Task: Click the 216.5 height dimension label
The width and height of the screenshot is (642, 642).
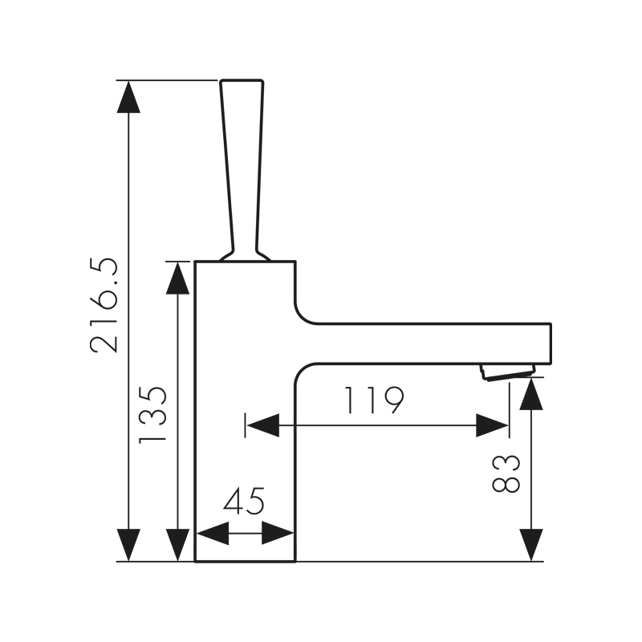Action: [104, 306]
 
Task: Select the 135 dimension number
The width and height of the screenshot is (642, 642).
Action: [152, 414]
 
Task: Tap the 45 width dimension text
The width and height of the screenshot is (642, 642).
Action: [244, 502]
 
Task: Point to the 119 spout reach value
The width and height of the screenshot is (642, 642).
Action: [373, 400]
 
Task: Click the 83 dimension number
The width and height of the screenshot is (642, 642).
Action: [507, 473]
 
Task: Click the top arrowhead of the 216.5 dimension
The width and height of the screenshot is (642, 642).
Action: [128, 96]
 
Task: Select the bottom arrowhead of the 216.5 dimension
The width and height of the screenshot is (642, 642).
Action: [128, 545]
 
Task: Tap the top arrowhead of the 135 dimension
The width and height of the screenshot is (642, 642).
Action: [177, 278]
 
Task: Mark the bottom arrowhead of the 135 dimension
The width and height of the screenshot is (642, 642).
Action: [177, 545]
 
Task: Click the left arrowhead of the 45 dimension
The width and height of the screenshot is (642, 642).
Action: [213, 532]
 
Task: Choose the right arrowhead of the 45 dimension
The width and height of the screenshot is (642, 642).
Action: [278, 532]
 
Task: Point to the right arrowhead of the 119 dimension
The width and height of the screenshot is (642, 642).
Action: [492, 425]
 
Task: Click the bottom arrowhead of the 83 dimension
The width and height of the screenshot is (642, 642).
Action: [530, 545]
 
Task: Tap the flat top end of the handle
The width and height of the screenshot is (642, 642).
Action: [242, 81]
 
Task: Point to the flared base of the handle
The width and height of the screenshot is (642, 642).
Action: [245, 255]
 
